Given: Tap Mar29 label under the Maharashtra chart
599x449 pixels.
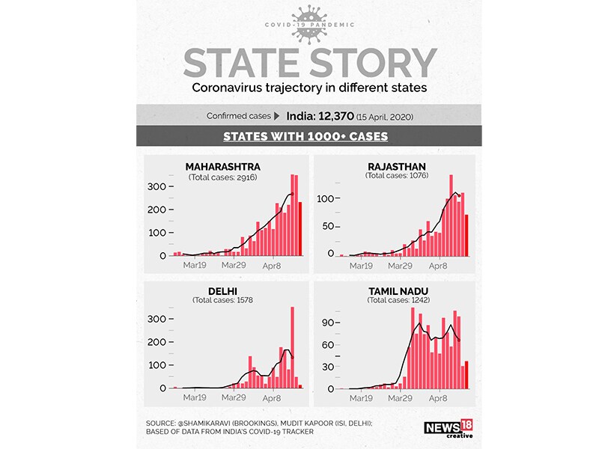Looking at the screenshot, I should tap(233, 265).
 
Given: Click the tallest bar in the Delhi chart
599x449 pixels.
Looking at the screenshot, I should tap(292, 347).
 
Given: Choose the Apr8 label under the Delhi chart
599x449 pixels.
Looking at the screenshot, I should tap(271, 398).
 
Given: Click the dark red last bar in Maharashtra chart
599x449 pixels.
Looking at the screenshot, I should tap(301, 228).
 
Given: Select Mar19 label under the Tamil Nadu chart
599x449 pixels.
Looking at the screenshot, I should tap(362, 398).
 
